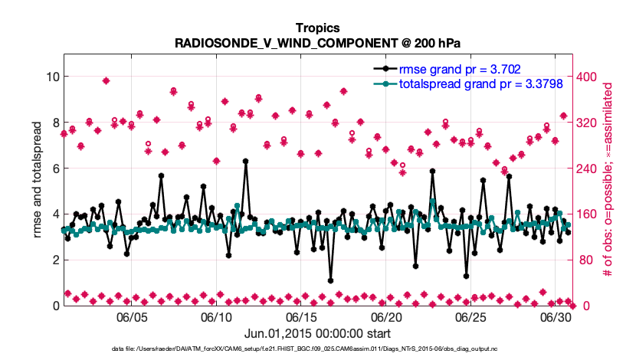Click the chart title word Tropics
pos(317,28)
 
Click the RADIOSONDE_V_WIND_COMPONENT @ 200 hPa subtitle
pos(317,43)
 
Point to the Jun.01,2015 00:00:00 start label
pos(317,333)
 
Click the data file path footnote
pos(317,349)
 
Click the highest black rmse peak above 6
pos(246,162)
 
